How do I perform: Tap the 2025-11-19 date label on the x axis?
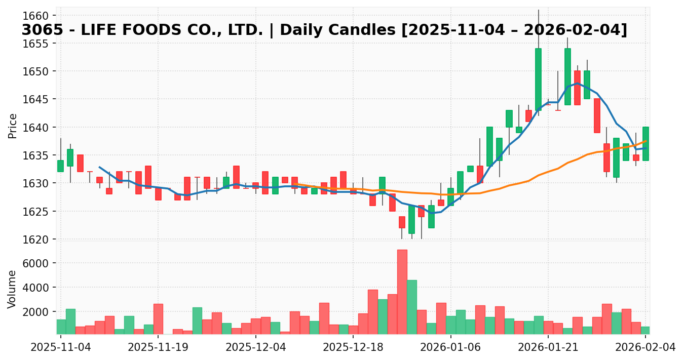coord(158,347)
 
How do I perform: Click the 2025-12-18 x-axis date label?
coord(353,347)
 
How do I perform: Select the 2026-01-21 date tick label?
coord(548,347)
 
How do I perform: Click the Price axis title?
coord(13,126)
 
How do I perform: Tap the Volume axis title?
coord(13,289)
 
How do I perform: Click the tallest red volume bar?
coord(402,292)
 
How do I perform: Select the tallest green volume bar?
coord(411,307)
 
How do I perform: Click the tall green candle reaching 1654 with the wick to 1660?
coord(538,79)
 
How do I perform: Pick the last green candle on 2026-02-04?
coord(645,144)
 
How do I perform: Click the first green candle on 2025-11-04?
coord(60,166)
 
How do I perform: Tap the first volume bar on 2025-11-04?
coord(61,327)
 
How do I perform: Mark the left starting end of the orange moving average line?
coord(295,184)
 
